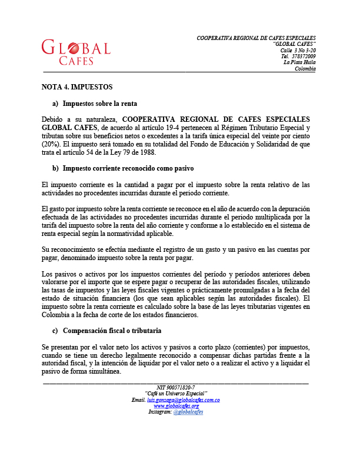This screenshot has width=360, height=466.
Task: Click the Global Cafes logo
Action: coord(76,52)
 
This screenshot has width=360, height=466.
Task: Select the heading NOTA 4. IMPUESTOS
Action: coord(76,86)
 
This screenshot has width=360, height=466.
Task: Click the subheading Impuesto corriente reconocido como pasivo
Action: coord(128,168)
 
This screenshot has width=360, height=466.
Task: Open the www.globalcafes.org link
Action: coord(176,406)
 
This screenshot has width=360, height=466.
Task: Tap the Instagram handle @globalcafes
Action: coord(188,412)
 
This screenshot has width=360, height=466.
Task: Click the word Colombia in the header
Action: coord(305,69)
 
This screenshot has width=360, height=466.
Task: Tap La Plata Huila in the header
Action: coord(299,62)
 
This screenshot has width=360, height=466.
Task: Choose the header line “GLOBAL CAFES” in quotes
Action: coord(294,44)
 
